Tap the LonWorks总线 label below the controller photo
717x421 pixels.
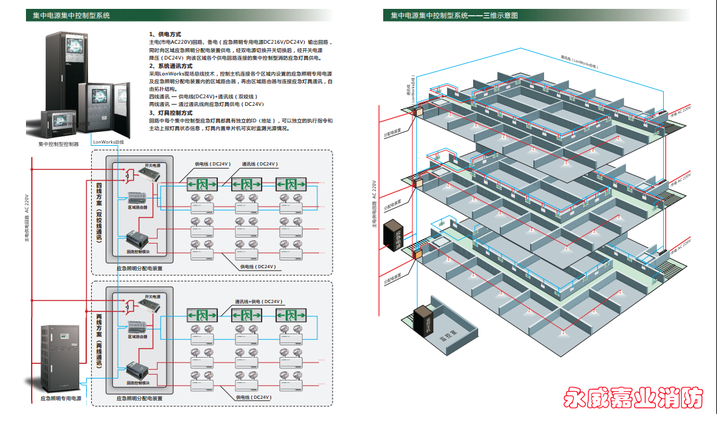[108, 142]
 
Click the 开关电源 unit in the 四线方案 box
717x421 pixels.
[141, 176]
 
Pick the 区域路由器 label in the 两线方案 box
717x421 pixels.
[137, 337]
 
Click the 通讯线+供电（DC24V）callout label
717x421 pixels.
[258, 301]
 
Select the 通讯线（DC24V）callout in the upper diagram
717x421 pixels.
[258, 164]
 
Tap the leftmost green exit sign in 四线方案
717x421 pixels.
[202, 185]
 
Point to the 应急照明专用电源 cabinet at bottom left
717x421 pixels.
[61, 358]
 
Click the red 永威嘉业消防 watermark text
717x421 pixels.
[633, 398]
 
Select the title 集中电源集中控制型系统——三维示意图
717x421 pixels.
[454, 15]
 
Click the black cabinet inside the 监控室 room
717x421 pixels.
[422, 320]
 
